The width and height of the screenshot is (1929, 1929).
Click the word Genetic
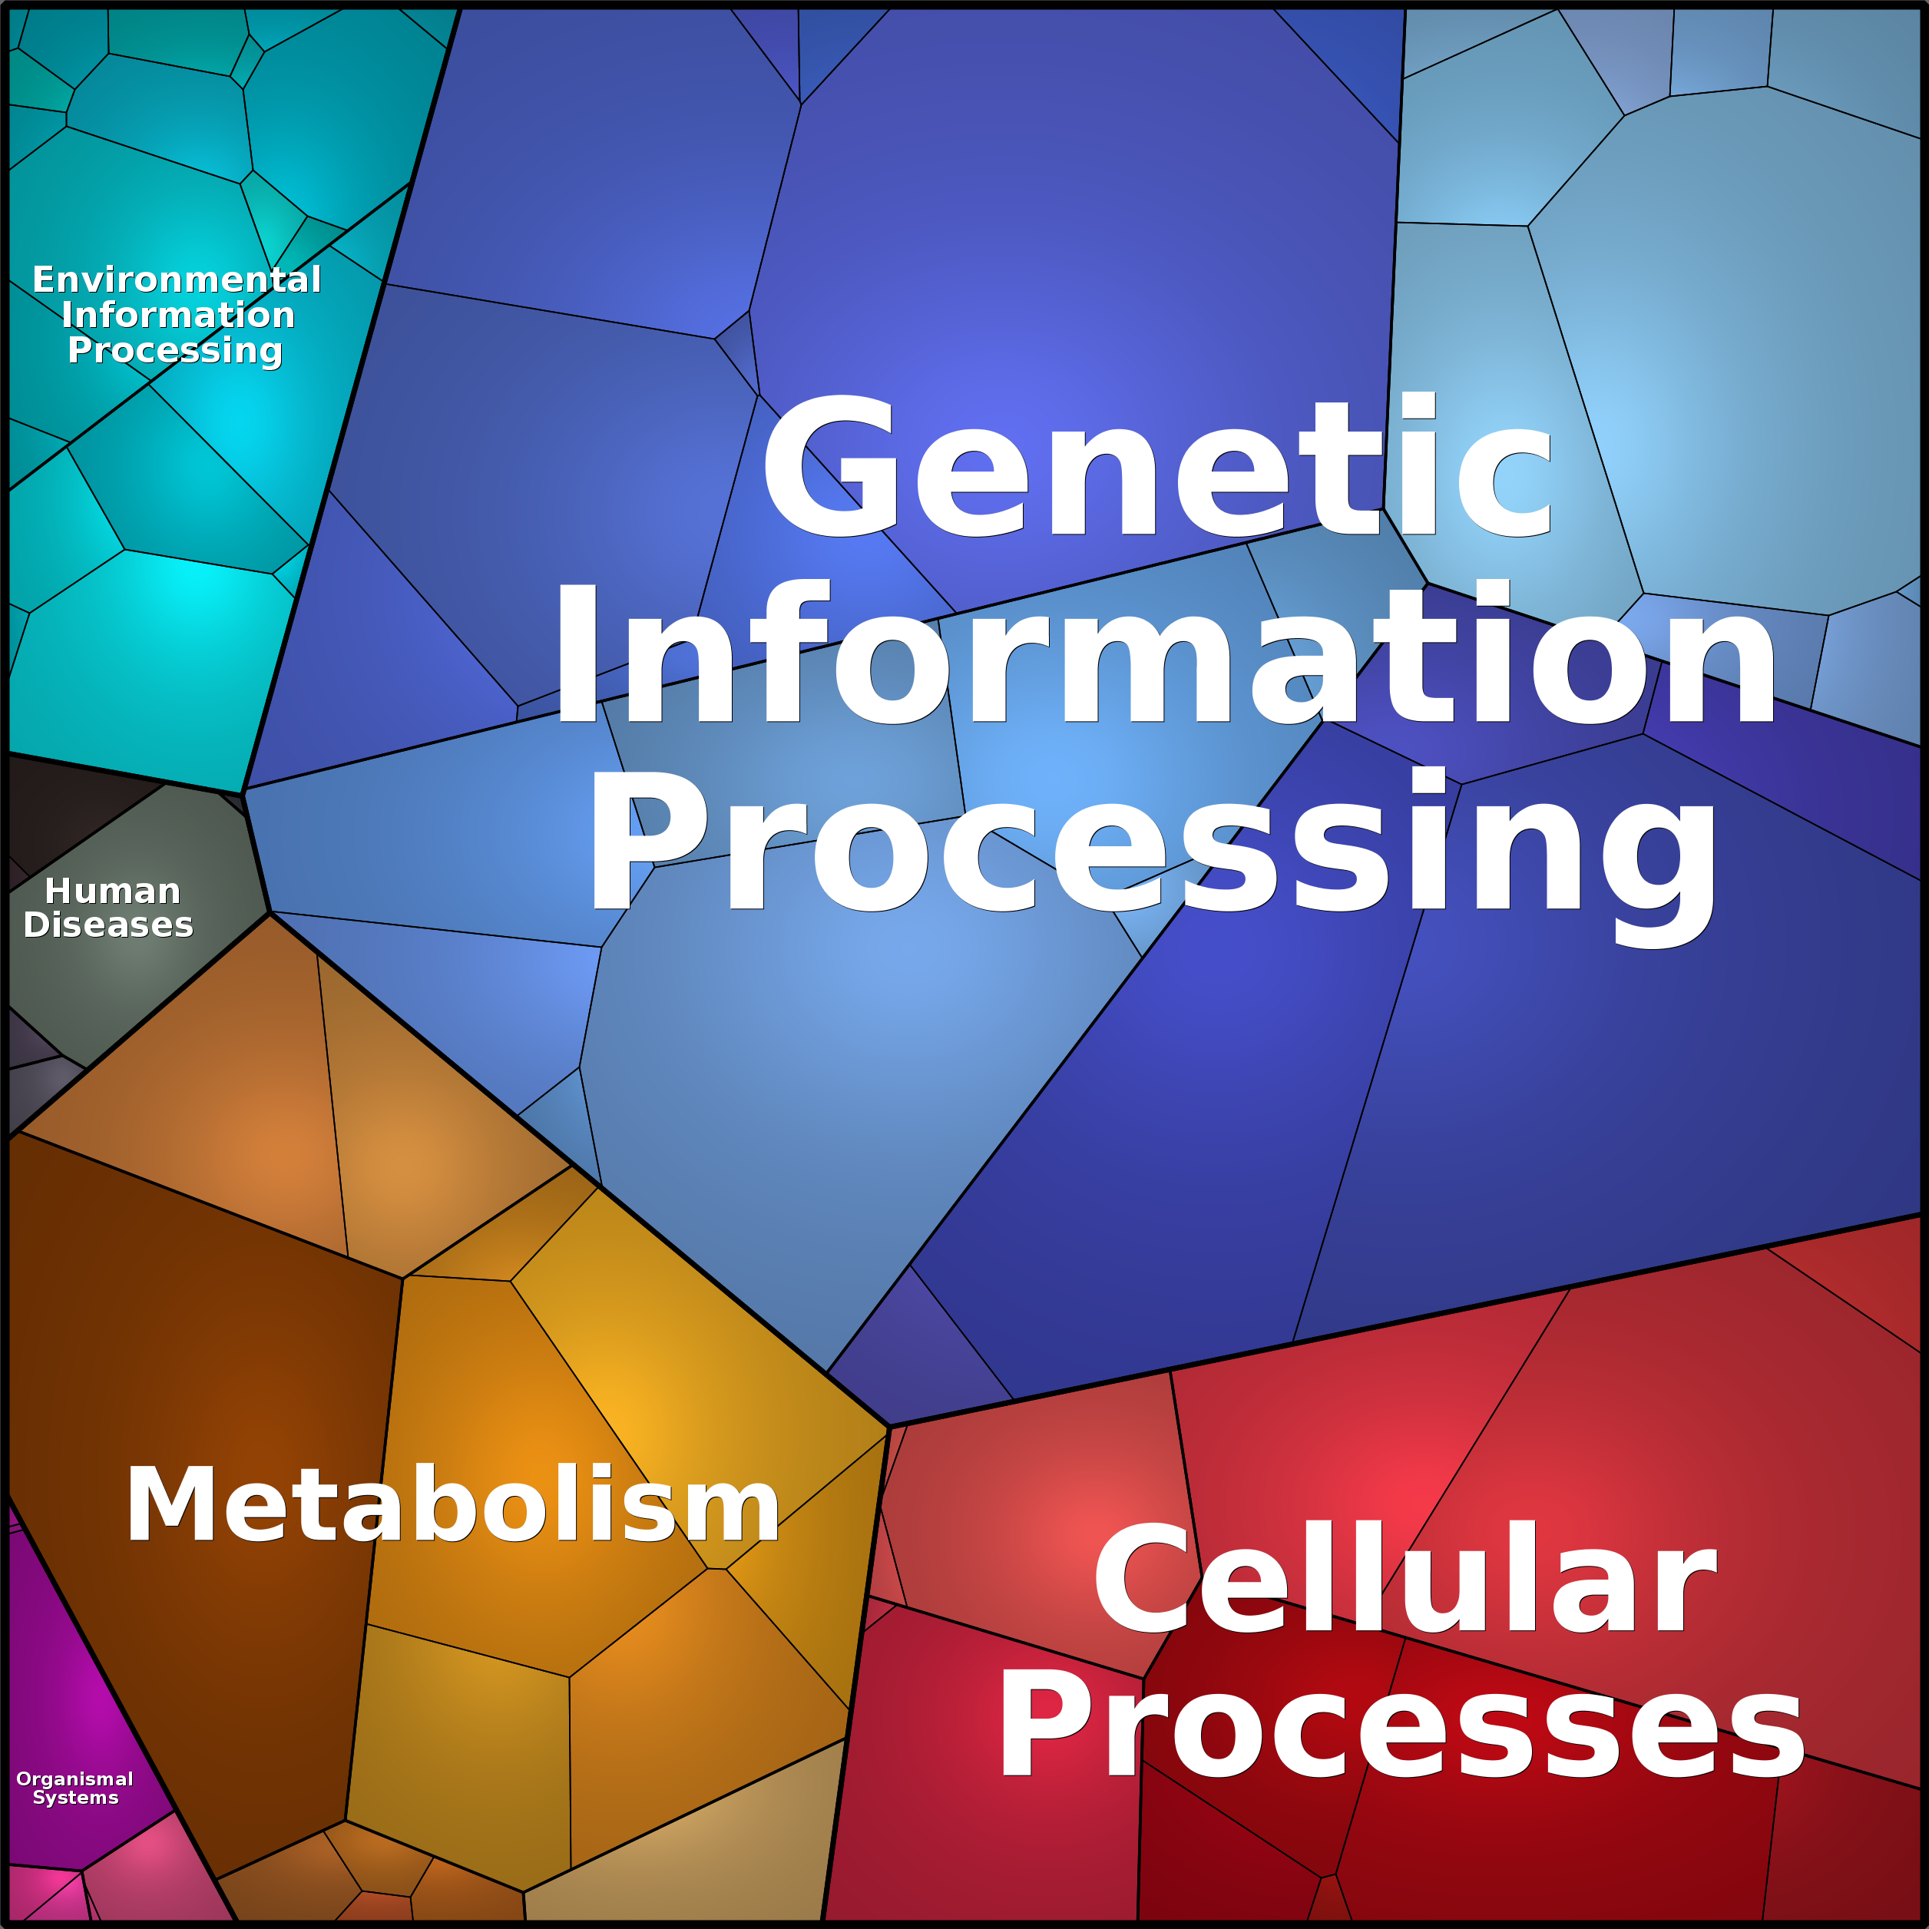1157,466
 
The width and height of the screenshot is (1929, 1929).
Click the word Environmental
177,279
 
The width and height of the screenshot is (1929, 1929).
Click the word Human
113,891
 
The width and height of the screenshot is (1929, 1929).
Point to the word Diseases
108,925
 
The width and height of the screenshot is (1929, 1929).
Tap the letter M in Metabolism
170,1504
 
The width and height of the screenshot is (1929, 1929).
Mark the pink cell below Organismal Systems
150,1872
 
